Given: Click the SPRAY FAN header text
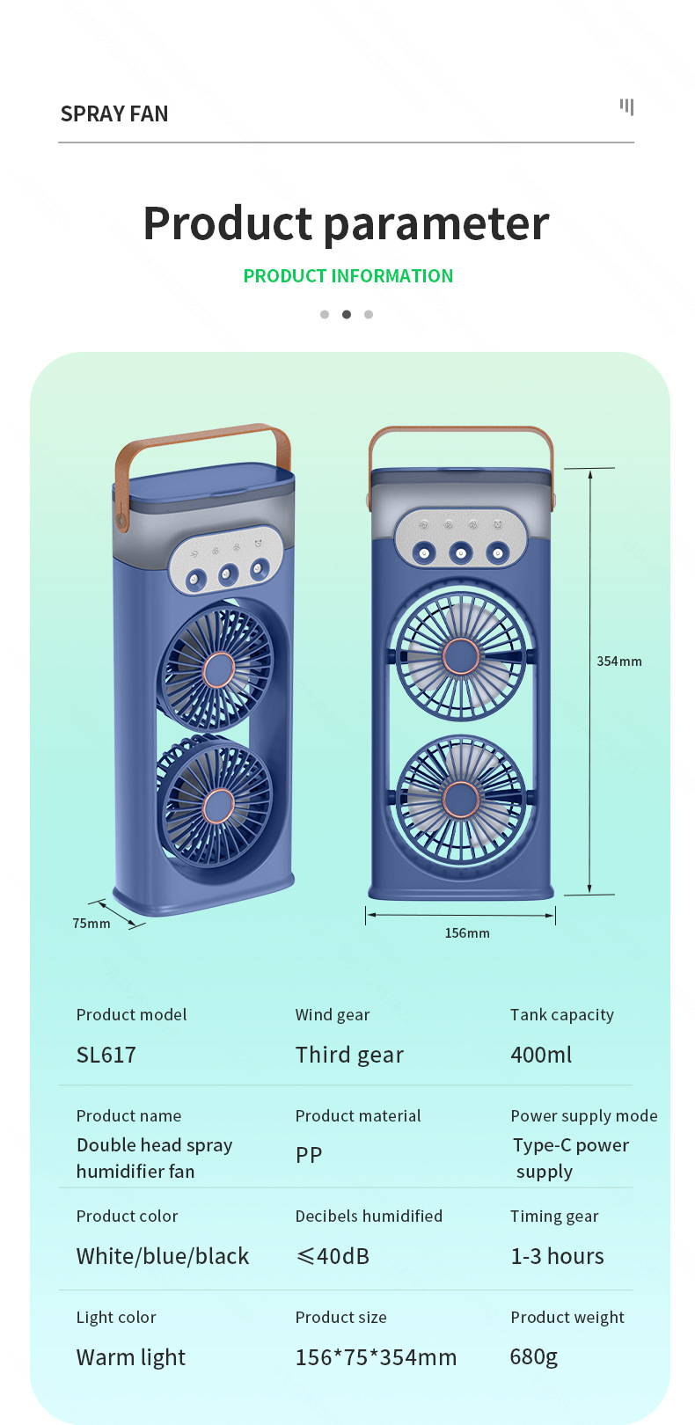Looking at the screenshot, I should point(114,114).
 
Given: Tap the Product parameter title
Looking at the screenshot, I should point(346,223).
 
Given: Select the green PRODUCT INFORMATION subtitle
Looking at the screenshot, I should point(348,276).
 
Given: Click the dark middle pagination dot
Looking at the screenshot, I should point(347,314).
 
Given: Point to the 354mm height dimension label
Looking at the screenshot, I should point(619,661).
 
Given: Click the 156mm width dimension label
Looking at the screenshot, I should point(467,933).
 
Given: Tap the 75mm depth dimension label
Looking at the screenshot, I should point(91,924).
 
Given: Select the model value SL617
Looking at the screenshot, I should point(106,1055).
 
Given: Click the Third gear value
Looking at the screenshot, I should point(349,1055).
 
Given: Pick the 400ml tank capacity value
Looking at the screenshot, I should point(541,1055).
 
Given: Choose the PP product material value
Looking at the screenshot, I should point(309,1155).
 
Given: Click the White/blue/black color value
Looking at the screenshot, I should point(163,1256).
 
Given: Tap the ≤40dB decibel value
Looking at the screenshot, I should point(333,1256).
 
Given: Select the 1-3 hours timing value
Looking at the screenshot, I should point(557,1256).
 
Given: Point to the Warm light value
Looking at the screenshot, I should point(131,1357).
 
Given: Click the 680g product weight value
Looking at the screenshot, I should point(534,1356).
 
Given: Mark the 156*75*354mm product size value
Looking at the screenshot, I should point(376,1357).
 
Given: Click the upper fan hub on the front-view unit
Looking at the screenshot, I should point(460,656).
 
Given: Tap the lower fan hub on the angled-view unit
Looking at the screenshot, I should point(217,805).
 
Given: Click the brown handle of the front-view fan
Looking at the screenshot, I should point(460,432).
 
